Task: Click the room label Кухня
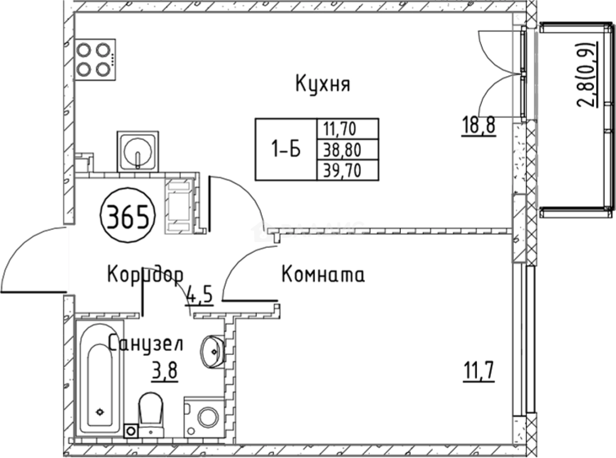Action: tap(322, 83)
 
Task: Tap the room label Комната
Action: tap(323, 275)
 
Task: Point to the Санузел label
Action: tap(145, 344)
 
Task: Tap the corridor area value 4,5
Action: tap(200, 296)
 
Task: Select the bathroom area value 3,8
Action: tap(164, 371)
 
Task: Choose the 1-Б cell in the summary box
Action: tap(286, 149)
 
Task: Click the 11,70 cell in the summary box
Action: tap(347, 129)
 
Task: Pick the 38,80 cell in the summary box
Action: tap(347, 149)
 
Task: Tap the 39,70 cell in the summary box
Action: tap(347, 170)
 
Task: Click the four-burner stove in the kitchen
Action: tap(95, 59)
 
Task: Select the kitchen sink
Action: tap(138, 151)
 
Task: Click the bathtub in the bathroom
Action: tap(100, 378)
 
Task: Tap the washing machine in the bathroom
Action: tap(202, 417)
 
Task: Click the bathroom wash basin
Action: tap(213, 351)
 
